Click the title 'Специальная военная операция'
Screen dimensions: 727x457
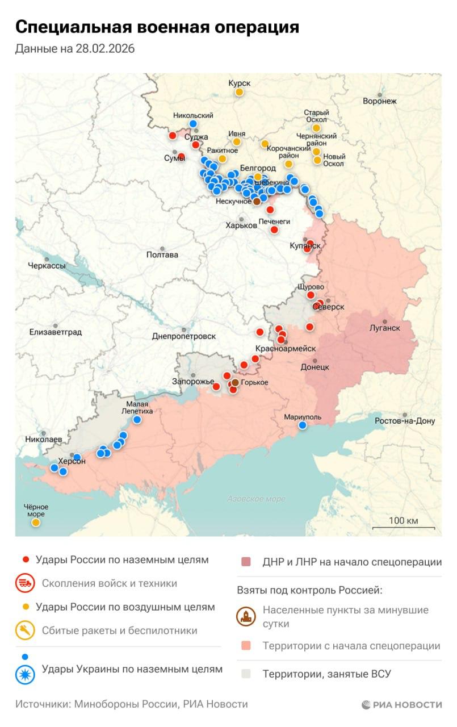pos(157,27)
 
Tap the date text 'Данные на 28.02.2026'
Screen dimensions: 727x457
pos(75,49)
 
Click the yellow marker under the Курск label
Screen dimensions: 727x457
pos(240,92)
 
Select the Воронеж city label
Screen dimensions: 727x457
pos(380,101)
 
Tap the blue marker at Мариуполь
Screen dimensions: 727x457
pos(303,425)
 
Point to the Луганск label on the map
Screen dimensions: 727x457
pos(384,328)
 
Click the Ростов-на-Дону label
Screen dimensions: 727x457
pos(405,421)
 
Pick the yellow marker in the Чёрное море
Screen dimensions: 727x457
pos(36,523)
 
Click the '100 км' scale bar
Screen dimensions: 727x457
pos(403,525)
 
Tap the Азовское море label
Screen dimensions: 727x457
pos(256,499)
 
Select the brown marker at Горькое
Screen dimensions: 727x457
pos(235,383)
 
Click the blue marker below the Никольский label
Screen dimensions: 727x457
pos(193,124)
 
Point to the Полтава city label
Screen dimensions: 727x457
pos(162,254)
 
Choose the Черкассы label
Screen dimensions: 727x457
pos(47,265)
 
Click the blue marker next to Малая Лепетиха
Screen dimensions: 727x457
pos(137,420)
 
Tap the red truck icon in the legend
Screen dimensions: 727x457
pos(25,583)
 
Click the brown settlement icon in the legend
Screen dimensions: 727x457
pos(246,617)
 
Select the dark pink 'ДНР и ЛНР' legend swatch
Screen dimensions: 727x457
pos(246,562)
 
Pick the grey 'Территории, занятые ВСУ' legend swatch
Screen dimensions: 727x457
pos(246,674)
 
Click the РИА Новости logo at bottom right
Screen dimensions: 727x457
pos(401,704)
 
